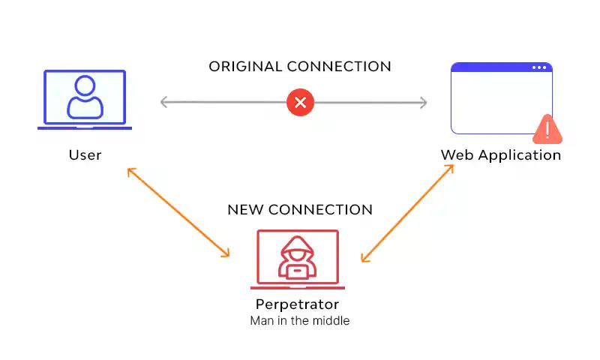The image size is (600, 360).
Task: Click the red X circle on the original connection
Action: click(x=300, y=102)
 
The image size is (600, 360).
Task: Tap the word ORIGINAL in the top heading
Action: click(x=245, y=67)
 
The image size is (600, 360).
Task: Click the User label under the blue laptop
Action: click(x=85, y=155)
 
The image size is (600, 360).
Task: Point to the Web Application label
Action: click(x=500, y=155)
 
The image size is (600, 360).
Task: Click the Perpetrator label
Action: click(x=297, y=304)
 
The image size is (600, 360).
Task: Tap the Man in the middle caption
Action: click(x=299, y=321)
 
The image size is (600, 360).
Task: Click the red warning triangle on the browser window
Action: click(x=548, y=130)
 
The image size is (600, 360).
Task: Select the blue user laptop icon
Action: click(x=85, y=100)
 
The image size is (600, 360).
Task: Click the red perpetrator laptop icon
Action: click(x=298, y=259)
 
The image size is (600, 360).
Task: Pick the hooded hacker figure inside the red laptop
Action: click(x=298, y=257)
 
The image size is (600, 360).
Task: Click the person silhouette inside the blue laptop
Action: click(x=85, y=97)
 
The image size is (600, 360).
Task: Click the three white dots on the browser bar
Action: click(x=539, y=67)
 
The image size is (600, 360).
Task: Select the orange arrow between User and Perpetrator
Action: click(x=178, y=212)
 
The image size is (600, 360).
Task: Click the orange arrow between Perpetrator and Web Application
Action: click(x=407, y=213)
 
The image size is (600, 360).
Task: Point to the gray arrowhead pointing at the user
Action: click(x=165, y=103)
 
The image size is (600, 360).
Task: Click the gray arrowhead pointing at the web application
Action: click(x=422, y=103)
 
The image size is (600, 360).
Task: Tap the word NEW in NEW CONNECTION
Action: click(x=245, y=210)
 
